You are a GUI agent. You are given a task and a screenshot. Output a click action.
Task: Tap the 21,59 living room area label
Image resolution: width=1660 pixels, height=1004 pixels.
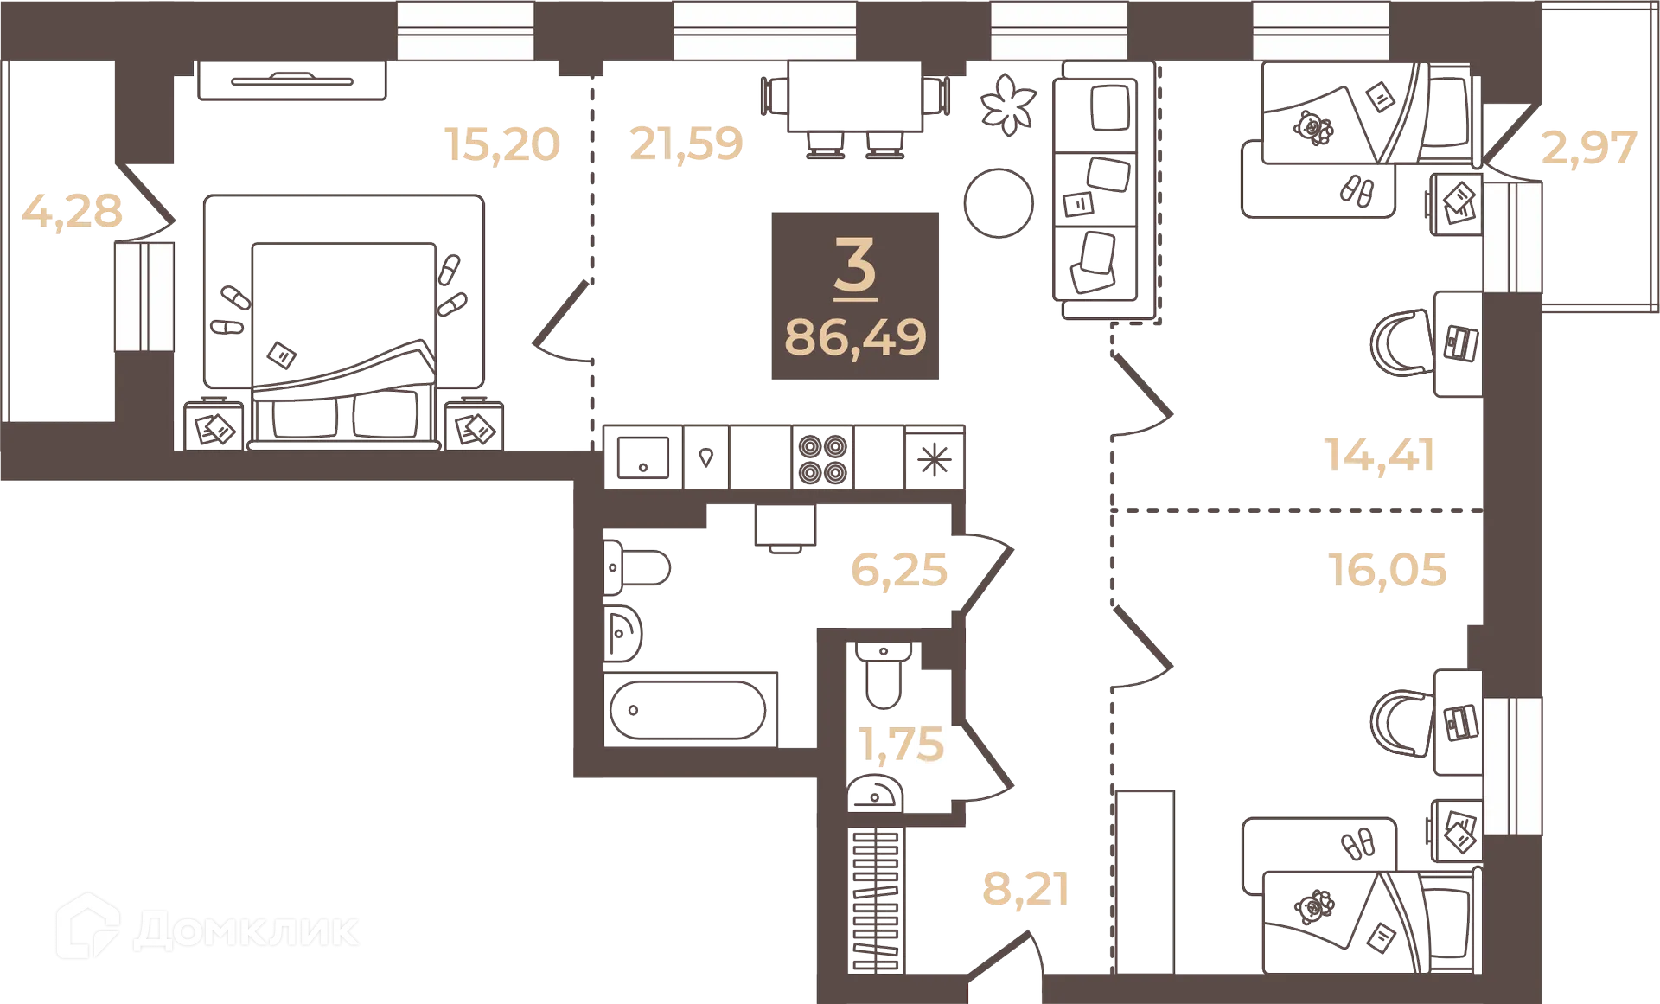click(686, 144)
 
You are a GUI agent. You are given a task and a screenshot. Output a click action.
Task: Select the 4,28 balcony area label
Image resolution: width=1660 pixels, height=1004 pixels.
click(73, 211)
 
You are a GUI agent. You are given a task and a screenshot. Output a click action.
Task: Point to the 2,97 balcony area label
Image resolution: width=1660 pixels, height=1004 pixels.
click(1589, 148)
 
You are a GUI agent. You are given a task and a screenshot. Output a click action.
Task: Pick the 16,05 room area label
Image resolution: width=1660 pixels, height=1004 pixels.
click(1387, 569)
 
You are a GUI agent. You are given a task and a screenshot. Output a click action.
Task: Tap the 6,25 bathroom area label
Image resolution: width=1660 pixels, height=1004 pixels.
click(898, 570)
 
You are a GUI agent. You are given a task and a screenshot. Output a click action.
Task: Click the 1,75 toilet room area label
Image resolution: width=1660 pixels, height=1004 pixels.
click(901, 744)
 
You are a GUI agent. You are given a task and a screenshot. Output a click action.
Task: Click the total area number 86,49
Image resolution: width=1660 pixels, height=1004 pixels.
click(854, 337)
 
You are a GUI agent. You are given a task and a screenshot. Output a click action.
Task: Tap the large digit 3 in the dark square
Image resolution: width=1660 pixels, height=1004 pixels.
click(855, 265)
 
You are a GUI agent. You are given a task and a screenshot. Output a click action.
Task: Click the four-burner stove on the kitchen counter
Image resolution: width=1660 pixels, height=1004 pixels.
click(822, 458)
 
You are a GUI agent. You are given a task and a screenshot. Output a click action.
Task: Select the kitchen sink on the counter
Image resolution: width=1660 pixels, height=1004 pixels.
click(642, 458)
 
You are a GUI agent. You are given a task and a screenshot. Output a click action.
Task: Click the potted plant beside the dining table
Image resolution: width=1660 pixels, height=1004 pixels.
click(1007, 103)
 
